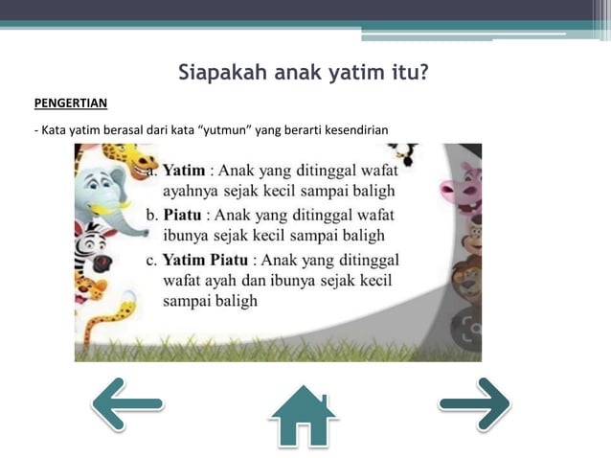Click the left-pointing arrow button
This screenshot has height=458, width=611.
pyautogui.click(x=127, y=403)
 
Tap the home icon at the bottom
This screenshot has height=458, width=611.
pyautogui.click(x=303, y=415)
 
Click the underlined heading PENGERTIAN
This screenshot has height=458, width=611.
pyautogui.click(x=70, y=103)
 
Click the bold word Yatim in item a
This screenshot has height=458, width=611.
pyautogui.click(x=183, y=171)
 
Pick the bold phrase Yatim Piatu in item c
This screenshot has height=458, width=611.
pyautogui.click(x=205, y=259)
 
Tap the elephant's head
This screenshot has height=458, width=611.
pyautogui.click(x=99, y=189)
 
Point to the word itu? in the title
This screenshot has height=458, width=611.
pyautogui.click(x=406, y=73)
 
